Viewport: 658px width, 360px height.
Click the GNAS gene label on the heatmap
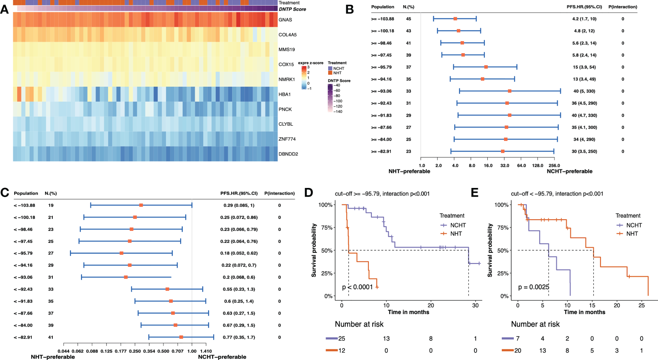click(285, 20)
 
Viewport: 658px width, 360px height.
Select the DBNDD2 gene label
click(288, 154)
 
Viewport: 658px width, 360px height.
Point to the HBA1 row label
click(285, 94)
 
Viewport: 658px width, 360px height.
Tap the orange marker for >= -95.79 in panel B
click(486, 67)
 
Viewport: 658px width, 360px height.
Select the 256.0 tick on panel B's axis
click(554, 166)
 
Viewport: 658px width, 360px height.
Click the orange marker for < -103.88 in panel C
click(141, 206)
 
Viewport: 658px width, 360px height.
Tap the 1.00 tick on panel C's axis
click(192, 350)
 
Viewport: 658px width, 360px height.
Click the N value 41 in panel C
click(51, 337)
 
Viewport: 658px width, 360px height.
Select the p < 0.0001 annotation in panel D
click(357, 287)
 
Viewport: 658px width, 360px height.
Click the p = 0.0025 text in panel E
click(534, 287)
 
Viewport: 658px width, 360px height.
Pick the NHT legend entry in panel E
click(632, 234)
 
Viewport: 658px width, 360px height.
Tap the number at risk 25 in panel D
click(341, 339)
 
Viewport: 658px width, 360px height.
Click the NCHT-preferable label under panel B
click(569, 172)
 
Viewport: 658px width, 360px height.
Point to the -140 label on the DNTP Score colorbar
click(338, 112)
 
